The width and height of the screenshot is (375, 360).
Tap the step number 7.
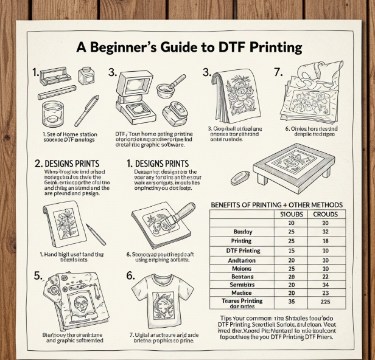click(278, 72)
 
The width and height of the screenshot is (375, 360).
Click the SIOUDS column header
click(290, 214)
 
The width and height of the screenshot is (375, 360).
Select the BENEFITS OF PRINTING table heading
click(284, 205)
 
